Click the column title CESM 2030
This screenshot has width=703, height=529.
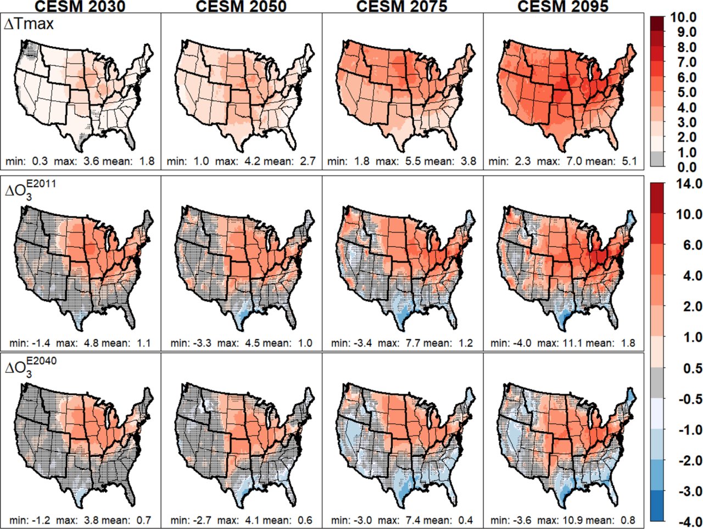80,6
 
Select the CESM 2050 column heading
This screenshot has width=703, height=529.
241,6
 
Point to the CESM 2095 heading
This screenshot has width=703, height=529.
563,6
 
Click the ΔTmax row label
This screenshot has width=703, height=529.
29,24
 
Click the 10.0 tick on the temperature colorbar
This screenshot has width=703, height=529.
684,18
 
